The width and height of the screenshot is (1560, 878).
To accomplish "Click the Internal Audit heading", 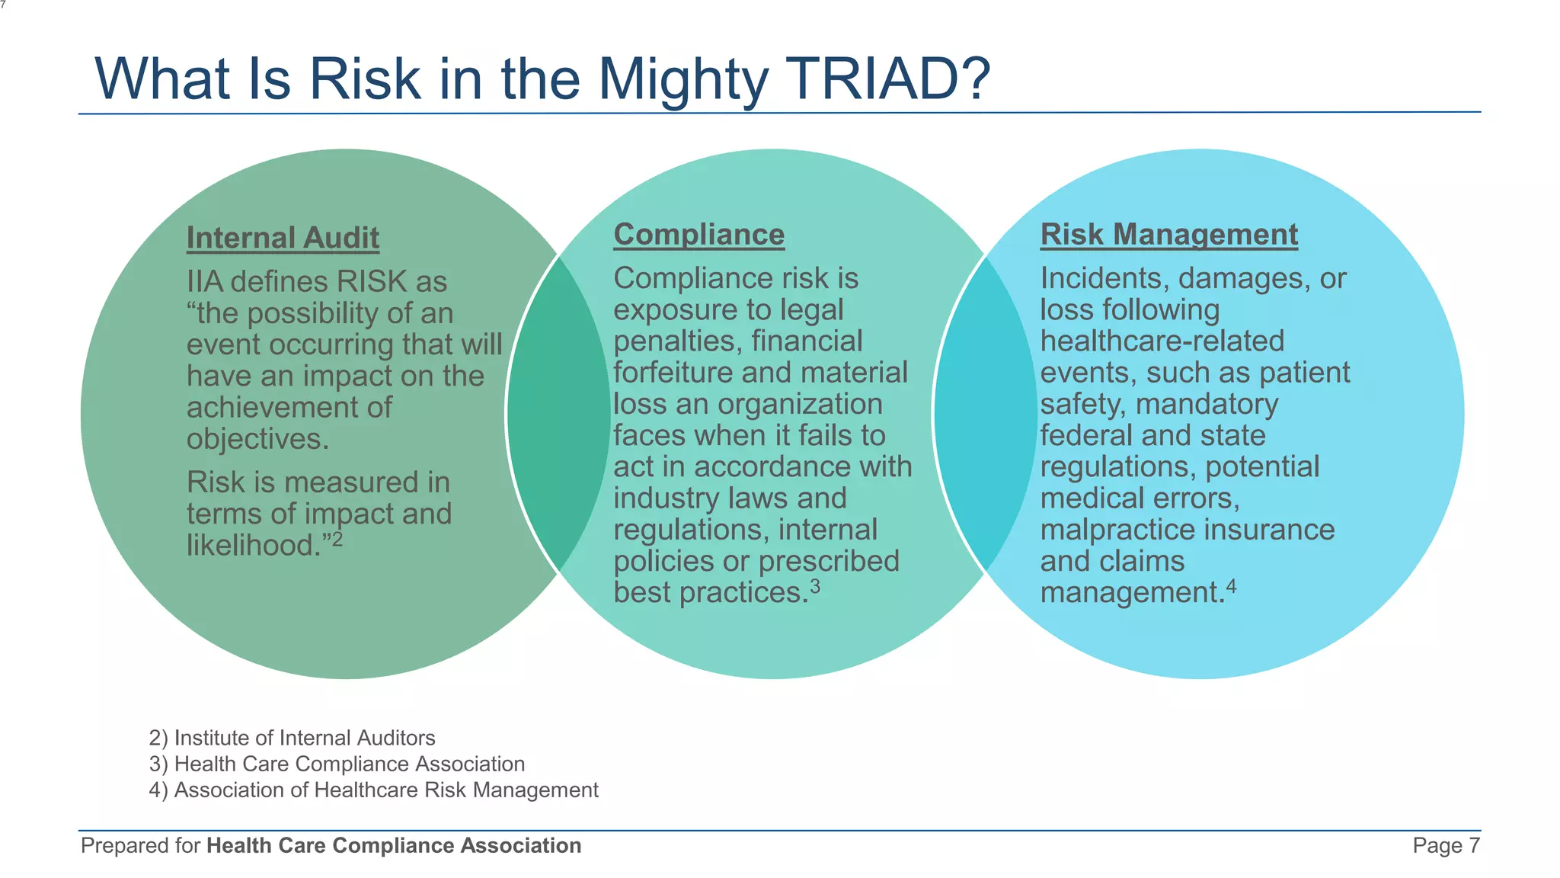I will pos(283,238).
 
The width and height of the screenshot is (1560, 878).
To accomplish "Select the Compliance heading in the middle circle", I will pos(698,234).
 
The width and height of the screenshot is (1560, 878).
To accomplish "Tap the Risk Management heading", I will pos(1168,234).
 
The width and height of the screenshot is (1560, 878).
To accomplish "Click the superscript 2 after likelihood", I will pos(337,539).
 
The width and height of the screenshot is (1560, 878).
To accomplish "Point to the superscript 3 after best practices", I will pos(815,586).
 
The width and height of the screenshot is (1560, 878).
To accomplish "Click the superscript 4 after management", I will pos(1232,586).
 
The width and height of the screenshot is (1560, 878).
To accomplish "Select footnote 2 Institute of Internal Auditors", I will pos(292,738).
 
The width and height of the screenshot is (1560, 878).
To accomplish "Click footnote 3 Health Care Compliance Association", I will pos(337,764).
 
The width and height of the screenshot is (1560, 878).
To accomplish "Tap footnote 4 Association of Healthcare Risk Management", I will pos(373,790).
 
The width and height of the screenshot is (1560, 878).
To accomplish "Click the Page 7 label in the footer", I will pos(1446,845).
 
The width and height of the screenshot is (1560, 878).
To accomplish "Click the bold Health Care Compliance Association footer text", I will pos(394,845).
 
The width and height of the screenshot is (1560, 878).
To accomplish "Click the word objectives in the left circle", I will pos(257,439).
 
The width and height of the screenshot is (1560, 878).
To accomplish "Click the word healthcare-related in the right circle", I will pos(1162,341).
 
